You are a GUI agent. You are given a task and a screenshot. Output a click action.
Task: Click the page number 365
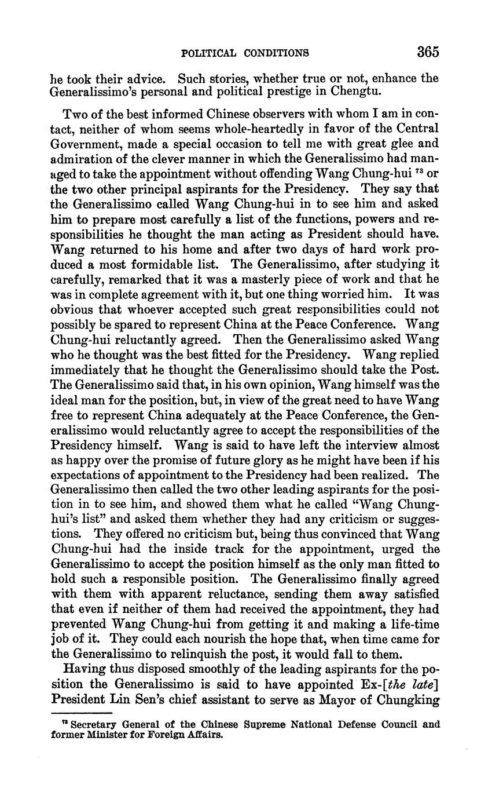[x=428, y=52]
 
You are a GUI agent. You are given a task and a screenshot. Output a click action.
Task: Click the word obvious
[x=71, y=309]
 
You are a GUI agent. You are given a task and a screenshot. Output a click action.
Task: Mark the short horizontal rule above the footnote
[x=81, y=713]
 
